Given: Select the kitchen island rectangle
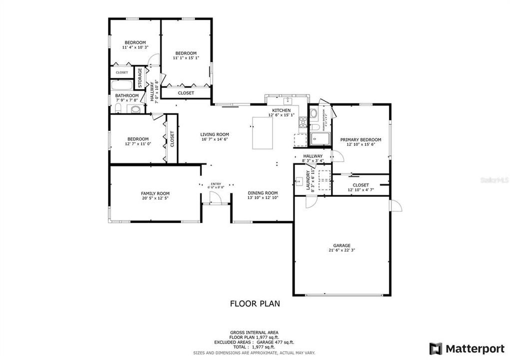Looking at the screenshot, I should tap(262, 132).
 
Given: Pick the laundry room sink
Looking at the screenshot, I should tap(298, 181).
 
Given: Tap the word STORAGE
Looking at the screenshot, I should tap(140, 77).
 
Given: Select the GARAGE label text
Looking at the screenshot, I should tap(342, 245).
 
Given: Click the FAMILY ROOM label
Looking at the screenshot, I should tap(155, 193).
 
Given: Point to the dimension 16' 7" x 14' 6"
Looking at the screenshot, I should tap(214, 139).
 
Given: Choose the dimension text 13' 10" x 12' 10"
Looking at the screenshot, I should tap(262, 198).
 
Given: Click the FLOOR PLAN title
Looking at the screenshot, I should tap(254, 303).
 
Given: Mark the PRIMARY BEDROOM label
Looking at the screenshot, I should tap(360, 139).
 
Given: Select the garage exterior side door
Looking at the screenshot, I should tap(395, 205).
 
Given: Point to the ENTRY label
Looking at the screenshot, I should tap(215, 183).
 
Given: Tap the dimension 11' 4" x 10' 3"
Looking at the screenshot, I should tap(135, 47).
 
